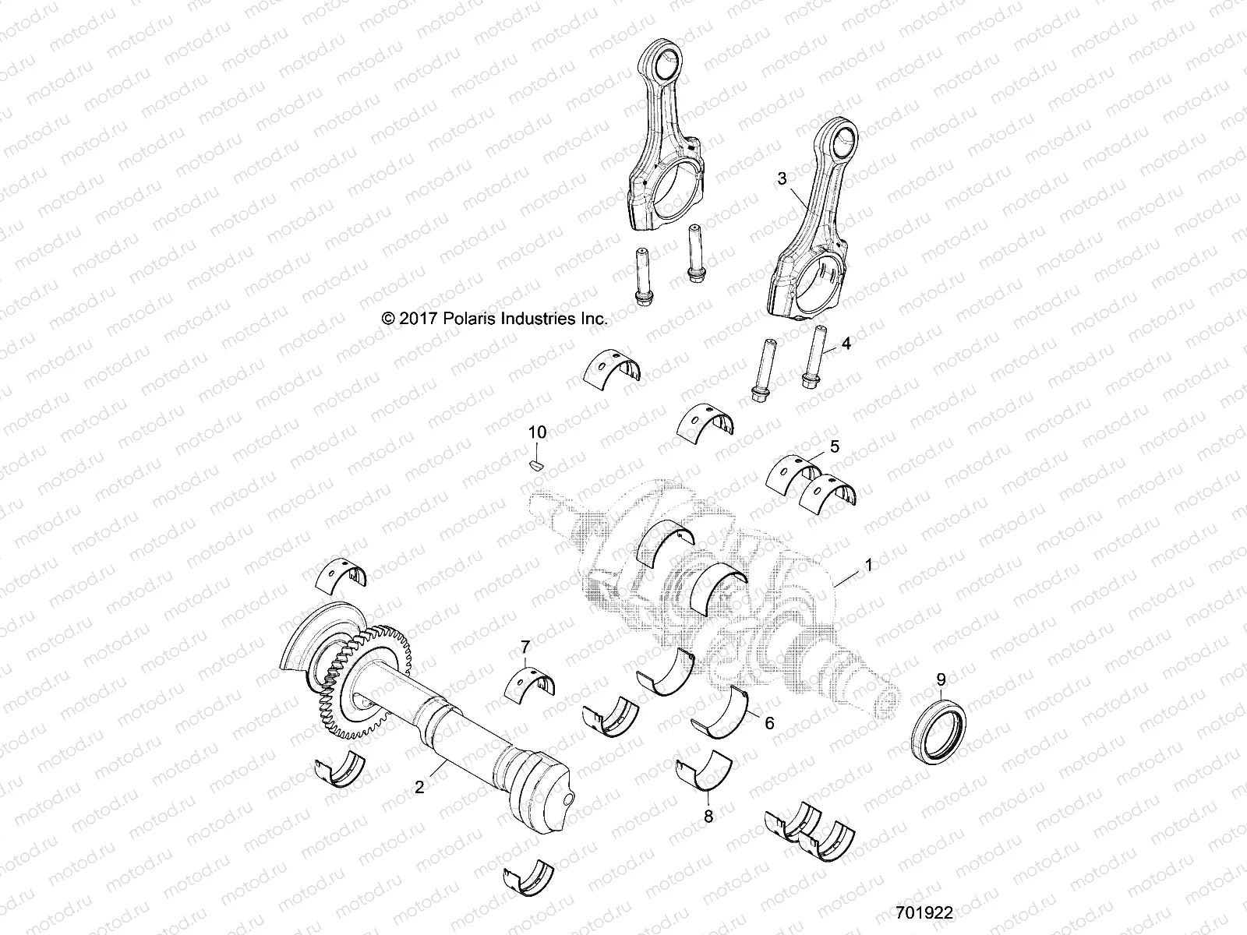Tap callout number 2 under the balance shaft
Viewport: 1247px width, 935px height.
(419, 788)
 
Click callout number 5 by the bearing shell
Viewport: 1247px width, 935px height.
(834, 446)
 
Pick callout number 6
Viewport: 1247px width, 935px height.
(769, 723)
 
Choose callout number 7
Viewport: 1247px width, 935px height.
(525, 647)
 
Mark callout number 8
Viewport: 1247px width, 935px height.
(708, 817)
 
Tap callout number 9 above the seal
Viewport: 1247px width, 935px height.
(941, 677)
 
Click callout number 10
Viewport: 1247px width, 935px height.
(538, 432)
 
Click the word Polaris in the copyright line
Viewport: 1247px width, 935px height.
(489, 319)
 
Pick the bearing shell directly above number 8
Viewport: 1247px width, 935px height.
(704, 773)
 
